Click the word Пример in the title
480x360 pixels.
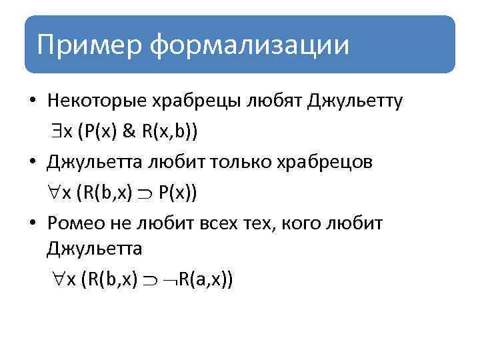click(90, 45)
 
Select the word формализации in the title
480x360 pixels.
click(249, 45)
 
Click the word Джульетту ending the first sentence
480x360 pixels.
click(355, 101)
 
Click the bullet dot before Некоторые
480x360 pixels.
click(32, 102)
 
